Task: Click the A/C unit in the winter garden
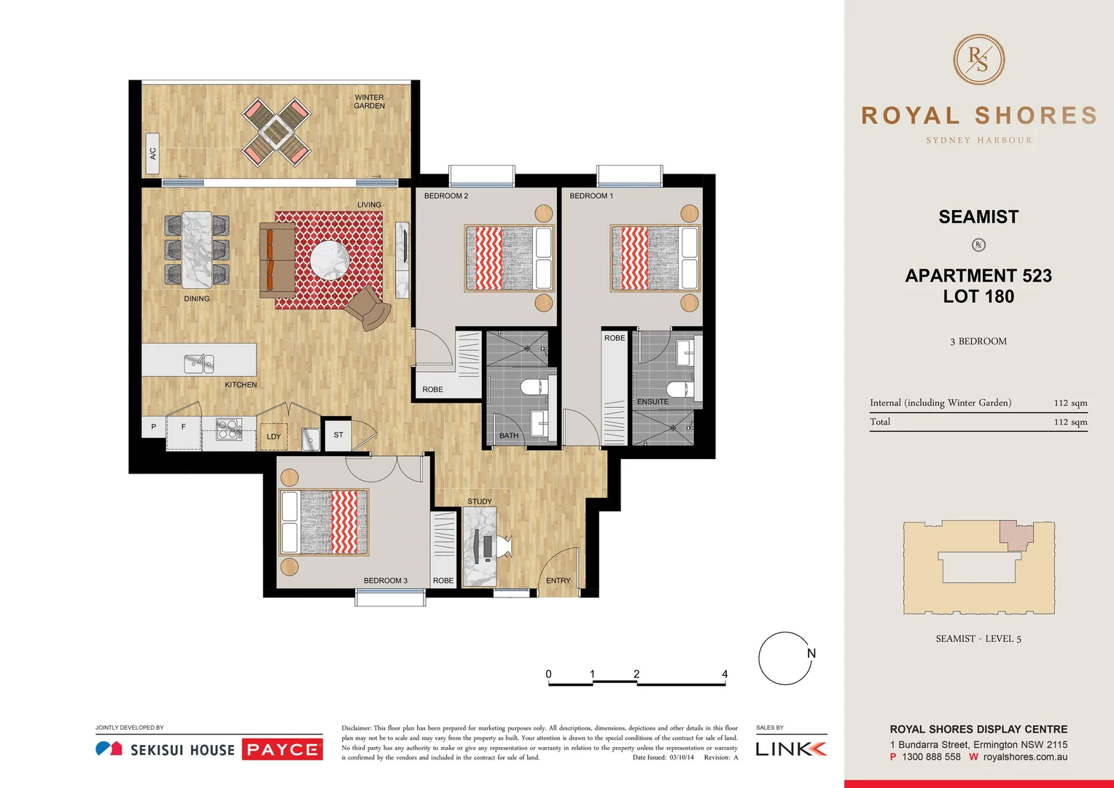click(152, 153)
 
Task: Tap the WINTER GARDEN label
click(369, 101)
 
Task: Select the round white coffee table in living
click(330, 260)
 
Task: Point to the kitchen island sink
click(198, 363)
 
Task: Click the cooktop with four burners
click(228, 429)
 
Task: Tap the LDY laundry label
click(273, 437)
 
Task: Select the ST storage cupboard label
click(338, 435)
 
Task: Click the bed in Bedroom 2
click(508, 258)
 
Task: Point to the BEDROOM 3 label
click(385, 581)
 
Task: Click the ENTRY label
click(558, 581)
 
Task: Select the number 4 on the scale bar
click(725, 674)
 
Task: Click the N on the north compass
click(811, 654)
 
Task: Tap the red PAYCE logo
click(282, 749)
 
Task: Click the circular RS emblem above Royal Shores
click(978, 60)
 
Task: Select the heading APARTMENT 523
click(978, 276)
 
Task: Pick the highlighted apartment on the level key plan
click(1015, 535)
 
